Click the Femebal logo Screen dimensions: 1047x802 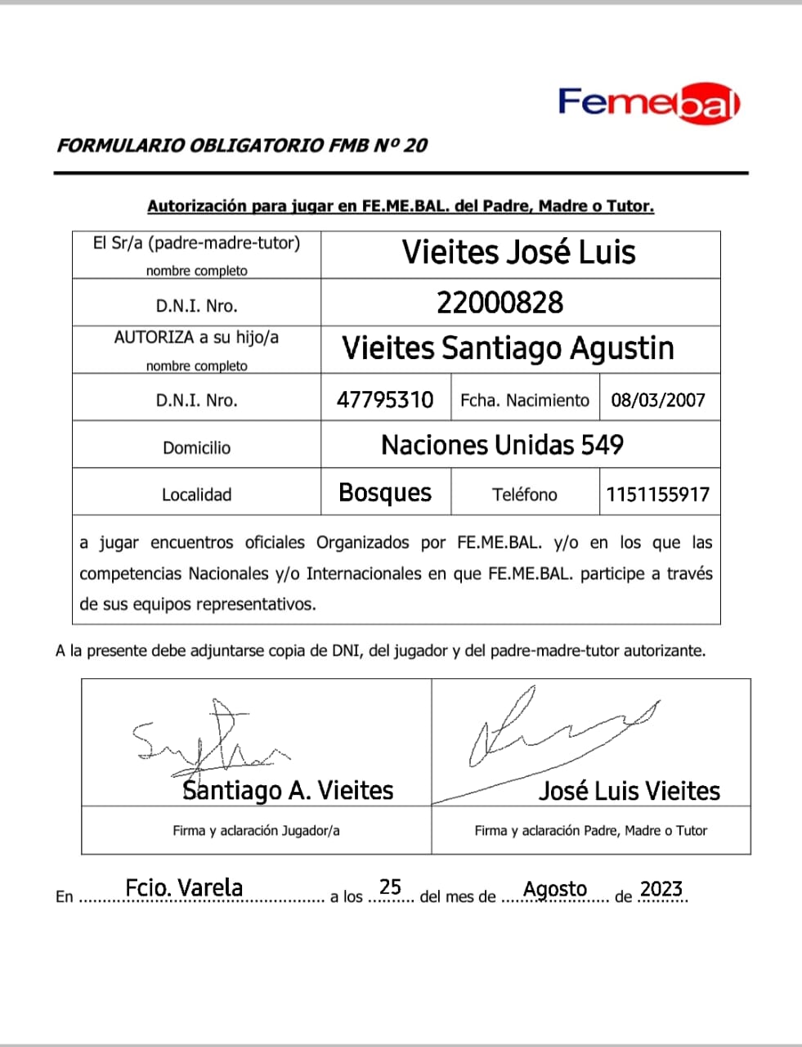[649, 104]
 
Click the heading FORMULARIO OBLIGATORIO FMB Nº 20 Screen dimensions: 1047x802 [242, 146]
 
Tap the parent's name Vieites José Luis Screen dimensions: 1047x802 [518, 252]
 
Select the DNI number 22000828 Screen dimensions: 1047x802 [500, 303]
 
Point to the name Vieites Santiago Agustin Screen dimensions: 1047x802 [508, 348]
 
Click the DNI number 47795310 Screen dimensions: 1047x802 [385, 399]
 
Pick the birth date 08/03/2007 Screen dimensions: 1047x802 [658, 400]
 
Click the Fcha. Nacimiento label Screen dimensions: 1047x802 [524, 400]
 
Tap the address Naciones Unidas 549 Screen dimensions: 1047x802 [502, 445]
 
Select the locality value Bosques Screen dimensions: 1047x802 [385, 492]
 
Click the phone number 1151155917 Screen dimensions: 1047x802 [657, 494]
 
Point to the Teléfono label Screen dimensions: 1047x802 [524, 494]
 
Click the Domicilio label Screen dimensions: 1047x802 [196, 447]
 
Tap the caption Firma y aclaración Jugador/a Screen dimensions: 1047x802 [256, 830]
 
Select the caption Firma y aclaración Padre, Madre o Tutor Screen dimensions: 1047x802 [590, 830]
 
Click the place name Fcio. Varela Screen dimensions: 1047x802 [184, 887]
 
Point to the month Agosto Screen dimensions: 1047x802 [555, 889]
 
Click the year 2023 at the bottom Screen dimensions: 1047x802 [661, 889]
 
